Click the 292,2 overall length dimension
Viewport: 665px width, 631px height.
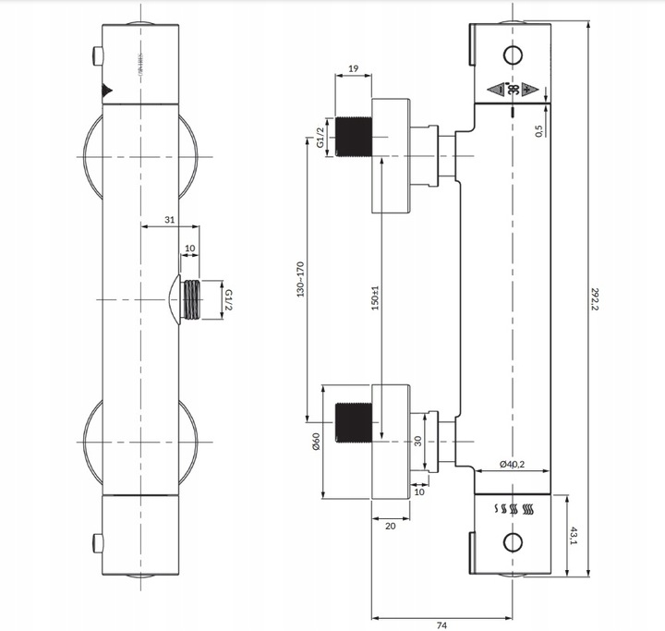click(598, 297)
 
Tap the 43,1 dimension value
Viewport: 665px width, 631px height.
click(574, 537)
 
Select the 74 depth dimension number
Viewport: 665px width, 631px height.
click(441, 625)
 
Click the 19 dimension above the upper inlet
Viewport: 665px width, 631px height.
click(353, 68)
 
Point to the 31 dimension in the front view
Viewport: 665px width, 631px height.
click(169, 219)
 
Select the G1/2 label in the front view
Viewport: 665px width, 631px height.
click(228, 299)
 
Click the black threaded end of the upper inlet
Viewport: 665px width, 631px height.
click(352, 136)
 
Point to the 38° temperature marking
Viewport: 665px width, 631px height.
click(513, 90)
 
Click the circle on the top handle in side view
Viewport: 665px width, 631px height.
click(514, 54)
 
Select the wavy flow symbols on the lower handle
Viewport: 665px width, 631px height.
click(516, 509)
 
